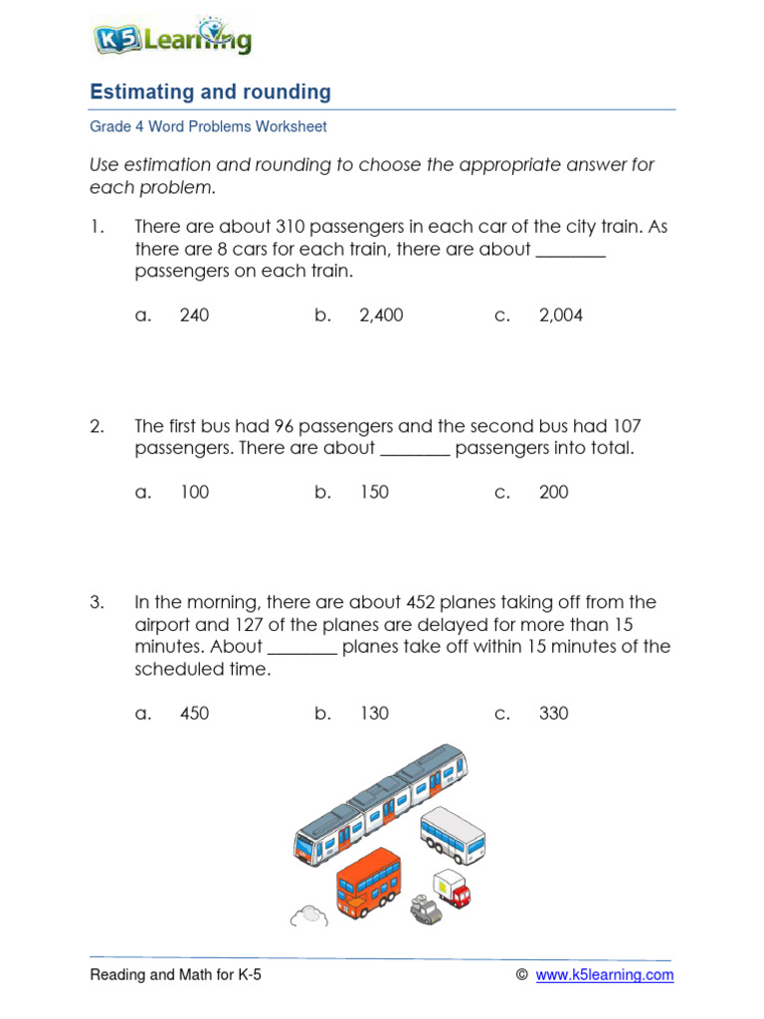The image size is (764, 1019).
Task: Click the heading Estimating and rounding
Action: point(210,93)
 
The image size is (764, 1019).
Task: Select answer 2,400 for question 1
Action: point(381,315)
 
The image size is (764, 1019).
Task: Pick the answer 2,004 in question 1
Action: point(561,315)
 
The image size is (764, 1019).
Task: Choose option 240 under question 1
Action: point(194,315)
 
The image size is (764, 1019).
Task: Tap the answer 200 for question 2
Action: point(554,492)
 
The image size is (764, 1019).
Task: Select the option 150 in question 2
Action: point(374,492)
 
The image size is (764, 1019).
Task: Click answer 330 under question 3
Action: point(554,713)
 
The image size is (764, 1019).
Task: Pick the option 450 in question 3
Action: point(194,713)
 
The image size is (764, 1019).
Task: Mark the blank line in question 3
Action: point(303,652)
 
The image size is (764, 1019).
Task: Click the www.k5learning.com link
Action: point(605,975)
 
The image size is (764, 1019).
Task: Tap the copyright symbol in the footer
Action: point(521,975)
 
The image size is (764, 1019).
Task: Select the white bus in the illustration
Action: point(453,833)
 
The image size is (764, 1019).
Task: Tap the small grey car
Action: point(425,910)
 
